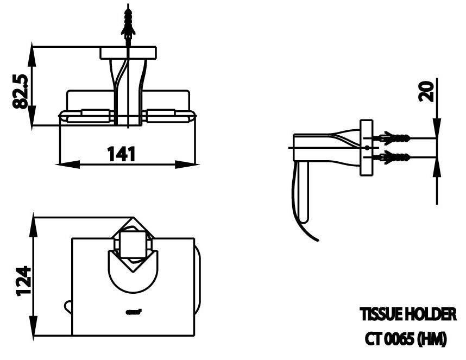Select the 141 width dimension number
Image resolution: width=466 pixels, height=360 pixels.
click(121, 154)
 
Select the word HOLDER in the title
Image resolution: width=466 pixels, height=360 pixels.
click(429, 314)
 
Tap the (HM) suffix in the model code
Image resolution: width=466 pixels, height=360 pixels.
click(432, 339)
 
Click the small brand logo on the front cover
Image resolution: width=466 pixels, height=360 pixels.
click(134, 312)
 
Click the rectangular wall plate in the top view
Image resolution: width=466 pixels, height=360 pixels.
click(128, 53)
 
